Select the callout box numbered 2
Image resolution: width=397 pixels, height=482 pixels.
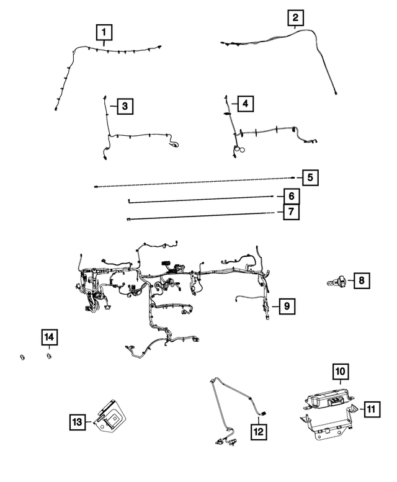point(297,19)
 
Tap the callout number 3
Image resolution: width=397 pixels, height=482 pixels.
point(125,107)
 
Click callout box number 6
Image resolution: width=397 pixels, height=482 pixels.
point(290,197)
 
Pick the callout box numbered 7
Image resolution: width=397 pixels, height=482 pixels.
point(290,212)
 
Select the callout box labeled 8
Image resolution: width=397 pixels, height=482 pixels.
point(360,281)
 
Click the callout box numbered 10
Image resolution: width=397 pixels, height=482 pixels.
point(341,372)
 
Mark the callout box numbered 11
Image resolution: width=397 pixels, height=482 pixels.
point(370,409)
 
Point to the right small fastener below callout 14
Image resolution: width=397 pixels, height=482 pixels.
point(48,356)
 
